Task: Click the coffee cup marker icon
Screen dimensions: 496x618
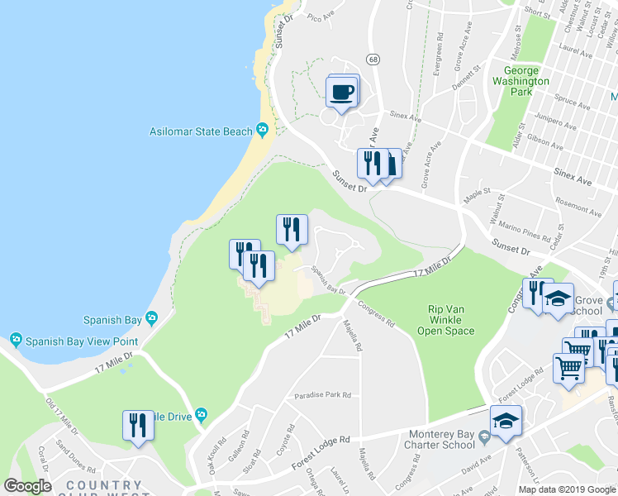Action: click(x=342, y=92)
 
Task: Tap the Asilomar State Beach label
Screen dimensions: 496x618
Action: click(x=201, y=131)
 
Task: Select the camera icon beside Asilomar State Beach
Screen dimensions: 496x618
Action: click(x=263, y=129)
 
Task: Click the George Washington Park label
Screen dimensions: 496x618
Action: click(x=520, y=82)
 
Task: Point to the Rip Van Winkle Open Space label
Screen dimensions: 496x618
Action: click(x=450, y=320)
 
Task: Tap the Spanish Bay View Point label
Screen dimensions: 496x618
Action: click(x=74, y=340)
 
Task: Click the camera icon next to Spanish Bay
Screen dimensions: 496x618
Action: click(x=151, y=317)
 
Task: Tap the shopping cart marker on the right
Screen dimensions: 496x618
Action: click(x=568, y=368)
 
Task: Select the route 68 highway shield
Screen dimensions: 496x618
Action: click(x=374, y=60)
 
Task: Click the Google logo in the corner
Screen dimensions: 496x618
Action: click(x=27, y=486)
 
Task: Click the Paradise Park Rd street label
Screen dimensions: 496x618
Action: click(x=324, y=395)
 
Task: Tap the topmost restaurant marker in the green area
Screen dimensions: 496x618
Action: click(x=291, y=229)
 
